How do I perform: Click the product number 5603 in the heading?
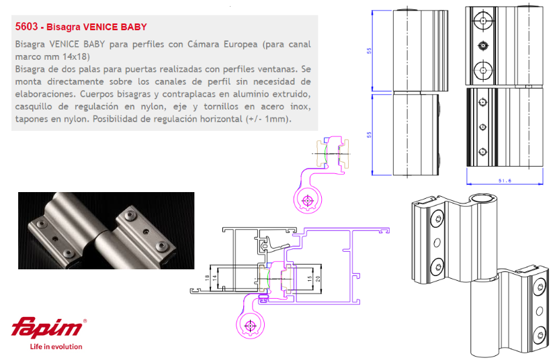click(27, 27)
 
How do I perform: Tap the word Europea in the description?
click(241, 44)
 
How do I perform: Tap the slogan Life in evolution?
click(56, 347)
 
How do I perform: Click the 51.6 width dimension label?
click(505, 181)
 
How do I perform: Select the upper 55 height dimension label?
click(369, 50)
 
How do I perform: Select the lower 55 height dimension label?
click(369, 135)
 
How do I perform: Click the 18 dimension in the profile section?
click(207, 278)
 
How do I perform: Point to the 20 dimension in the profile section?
click(318, 279)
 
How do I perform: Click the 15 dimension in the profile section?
click(310, 279)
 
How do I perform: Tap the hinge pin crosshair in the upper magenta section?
click(308, 201)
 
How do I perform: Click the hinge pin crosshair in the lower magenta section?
click(250, 325)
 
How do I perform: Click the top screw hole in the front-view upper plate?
click(483, 20)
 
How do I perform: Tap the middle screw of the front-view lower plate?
click(482, 127)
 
